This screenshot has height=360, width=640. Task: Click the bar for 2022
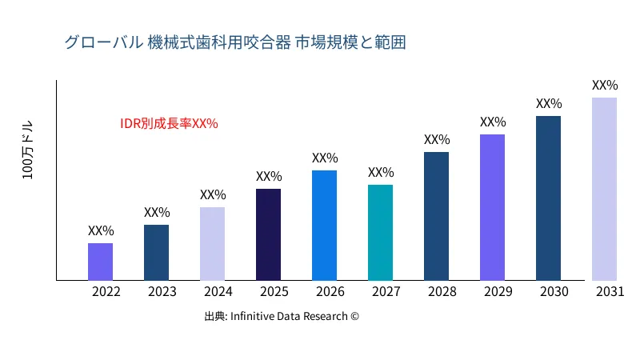100,262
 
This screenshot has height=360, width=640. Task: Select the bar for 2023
156,253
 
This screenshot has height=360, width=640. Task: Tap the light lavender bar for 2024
212,244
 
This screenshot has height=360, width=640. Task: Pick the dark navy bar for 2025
268,234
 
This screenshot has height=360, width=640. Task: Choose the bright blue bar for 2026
324,226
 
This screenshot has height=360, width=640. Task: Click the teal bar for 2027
380,233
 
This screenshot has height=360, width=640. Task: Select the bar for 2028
436,216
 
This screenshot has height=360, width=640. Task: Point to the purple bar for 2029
492,207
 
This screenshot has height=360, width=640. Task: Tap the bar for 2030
548,198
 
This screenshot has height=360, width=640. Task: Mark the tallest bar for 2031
604,189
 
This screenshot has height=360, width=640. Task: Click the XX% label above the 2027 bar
381,172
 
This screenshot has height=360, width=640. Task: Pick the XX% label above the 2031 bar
605,85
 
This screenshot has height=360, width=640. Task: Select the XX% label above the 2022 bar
101,230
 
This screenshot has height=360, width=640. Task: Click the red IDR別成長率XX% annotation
169,123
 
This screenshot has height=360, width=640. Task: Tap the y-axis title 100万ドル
28,152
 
